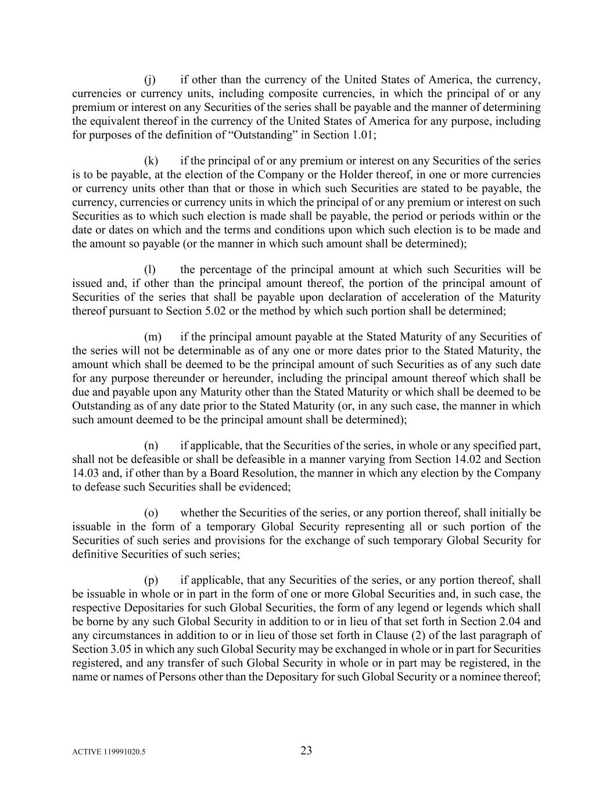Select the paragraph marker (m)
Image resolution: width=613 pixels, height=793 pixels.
152,337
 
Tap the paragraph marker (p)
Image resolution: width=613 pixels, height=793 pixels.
150,580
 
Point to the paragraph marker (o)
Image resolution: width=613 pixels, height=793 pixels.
150,513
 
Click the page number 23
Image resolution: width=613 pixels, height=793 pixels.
306,751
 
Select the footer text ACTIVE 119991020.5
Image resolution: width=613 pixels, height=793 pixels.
109,752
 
